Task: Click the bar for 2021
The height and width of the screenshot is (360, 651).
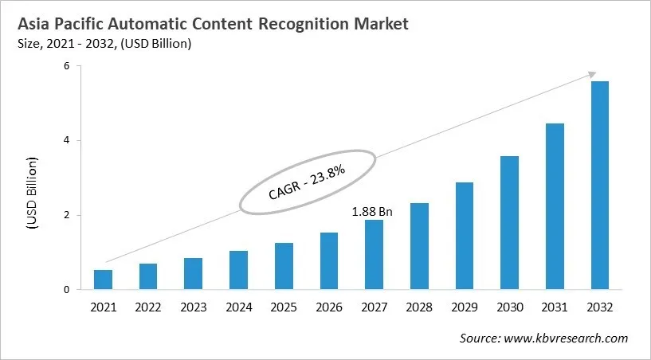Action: click(103, 280)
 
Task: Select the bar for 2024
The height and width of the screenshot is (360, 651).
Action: click(238, 270)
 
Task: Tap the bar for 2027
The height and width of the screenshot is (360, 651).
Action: click(374, 255)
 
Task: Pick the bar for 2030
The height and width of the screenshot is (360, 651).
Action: click(509, 223)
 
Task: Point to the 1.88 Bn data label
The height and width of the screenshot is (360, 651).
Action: click(373, 212)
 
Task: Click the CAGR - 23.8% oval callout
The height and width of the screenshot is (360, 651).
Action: click(307, 182)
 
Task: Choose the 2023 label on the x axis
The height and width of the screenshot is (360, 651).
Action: click(193, 306)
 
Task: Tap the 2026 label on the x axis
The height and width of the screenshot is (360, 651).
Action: click(328, 306)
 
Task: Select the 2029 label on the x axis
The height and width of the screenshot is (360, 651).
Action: click(464, 306)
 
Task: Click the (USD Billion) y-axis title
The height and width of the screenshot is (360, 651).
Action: click(33, 194)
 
